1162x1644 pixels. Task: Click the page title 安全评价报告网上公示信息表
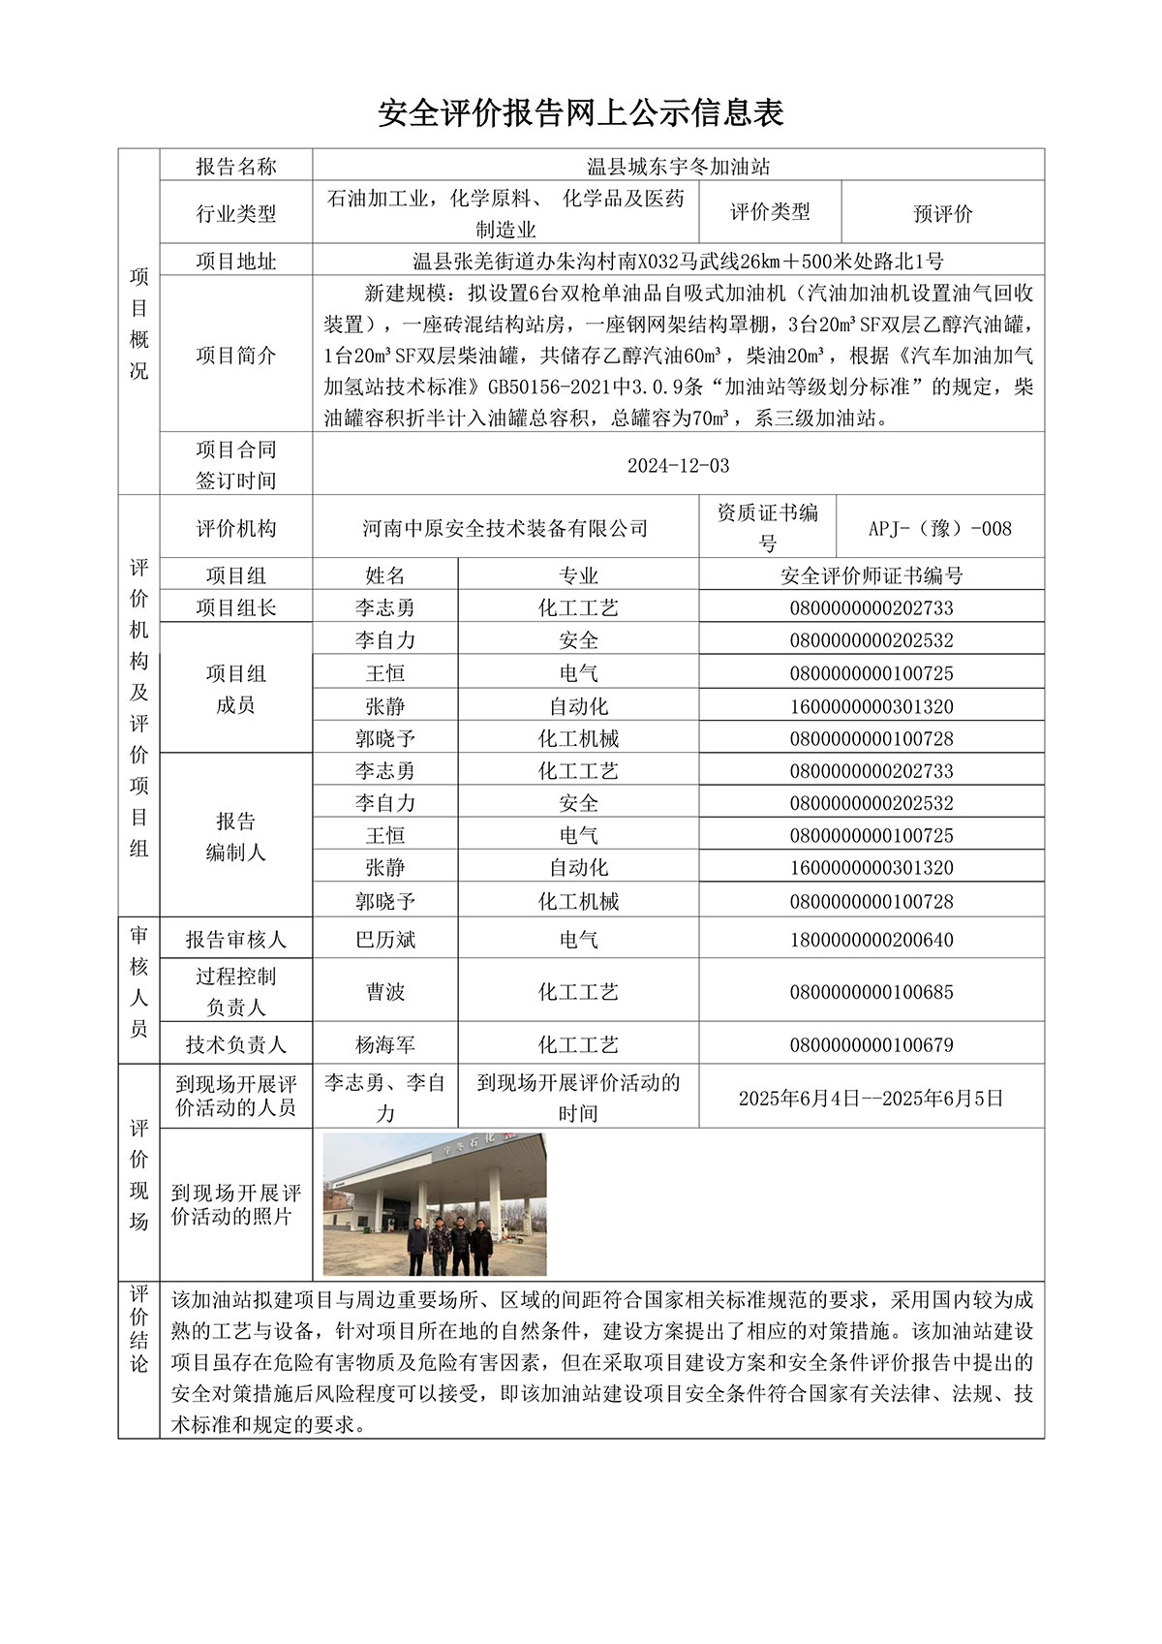580,113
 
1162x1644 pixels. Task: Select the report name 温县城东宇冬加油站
678,166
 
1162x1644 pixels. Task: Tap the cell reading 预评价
942,213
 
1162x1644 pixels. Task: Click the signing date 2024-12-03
678,465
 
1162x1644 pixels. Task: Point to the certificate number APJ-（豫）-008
939,528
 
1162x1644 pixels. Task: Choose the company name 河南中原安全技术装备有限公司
505,528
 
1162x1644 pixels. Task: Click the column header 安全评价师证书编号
871,575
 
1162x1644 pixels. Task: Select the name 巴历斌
384,940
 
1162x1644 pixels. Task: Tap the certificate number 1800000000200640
871,940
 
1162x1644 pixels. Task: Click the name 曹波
384,992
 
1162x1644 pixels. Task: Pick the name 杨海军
384,1044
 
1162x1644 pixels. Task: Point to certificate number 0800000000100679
871,1044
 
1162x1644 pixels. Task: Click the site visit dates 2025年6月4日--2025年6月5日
871,1098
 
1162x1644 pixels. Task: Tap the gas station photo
435,1204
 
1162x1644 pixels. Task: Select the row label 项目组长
235,607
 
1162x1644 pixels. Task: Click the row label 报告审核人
235,940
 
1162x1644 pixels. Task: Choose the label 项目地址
235,261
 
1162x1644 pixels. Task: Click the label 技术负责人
235,1044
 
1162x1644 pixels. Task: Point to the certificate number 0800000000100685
871,992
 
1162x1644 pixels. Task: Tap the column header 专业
578,575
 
